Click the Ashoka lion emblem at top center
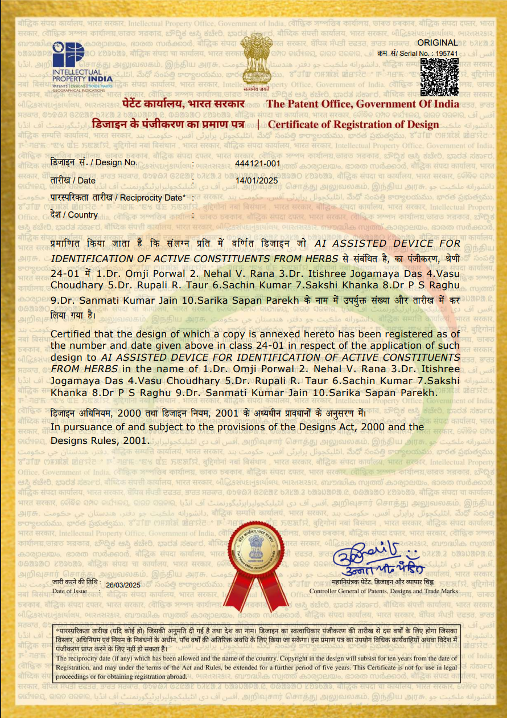[254, 60]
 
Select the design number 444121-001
[258, 163]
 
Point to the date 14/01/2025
[256, 181]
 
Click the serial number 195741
[446, 52]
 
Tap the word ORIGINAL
[438, 43]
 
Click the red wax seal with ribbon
[254, 560]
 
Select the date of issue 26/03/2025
[123, 585]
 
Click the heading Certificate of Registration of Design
[353, 125]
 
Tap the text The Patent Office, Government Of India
[362, 104]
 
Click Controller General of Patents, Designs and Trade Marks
[384, 591]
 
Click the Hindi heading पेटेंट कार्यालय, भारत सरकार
[184, 104]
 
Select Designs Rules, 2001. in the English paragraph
[100, 440]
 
